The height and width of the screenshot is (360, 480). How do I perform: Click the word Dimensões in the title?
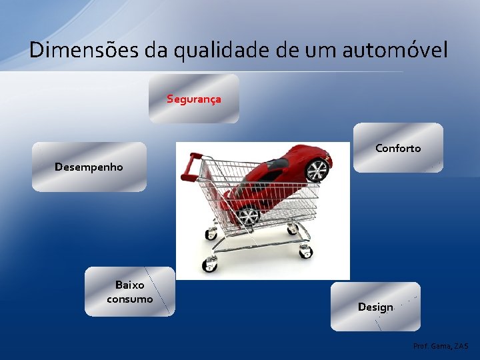[x=81, y=49]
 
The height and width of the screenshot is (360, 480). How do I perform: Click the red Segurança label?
[x=193, y=99]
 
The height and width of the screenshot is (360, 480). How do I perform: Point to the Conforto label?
[x=397, y=148]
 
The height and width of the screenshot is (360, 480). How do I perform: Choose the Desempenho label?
[x=89, y=167]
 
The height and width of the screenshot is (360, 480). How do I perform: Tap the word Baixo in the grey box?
[x=129, y=285]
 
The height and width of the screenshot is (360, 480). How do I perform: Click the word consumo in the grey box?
[x=129, y=299]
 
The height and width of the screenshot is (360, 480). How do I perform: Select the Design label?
[x=375, y=307]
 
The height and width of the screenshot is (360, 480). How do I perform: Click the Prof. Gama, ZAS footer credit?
[x=441, y=347]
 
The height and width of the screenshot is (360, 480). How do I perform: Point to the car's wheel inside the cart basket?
[x=249, y=215]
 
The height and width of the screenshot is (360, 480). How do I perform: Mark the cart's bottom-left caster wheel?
[x=209, y=265]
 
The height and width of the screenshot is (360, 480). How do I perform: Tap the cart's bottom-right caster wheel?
[x=306, y=251]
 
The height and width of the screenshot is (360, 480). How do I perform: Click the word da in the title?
[x=152, y=49]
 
